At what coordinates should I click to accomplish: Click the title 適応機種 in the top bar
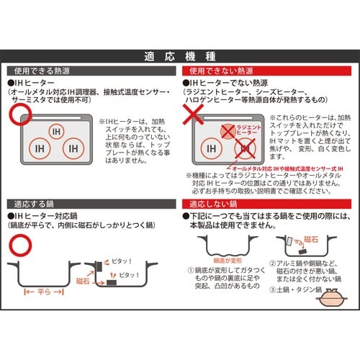[x=179, y=56]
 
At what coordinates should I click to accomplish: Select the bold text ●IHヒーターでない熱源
[x=228, y=84]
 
